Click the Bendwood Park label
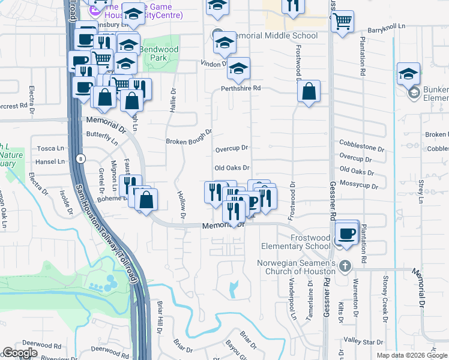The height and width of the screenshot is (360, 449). point(154,53)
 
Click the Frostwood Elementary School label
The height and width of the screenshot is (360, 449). point(294,242)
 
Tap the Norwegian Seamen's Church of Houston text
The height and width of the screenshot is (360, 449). point(296,268)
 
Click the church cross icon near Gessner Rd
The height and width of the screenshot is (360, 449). point(345,266)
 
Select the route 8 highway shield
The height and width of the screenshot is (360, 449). point(82,159)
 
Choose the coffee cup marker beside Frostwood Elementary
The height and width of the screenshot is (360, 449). point(346,234)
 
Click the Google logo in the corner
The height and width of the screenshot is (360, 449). point(20,353)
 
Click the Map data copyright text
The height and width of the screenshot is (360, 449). point(412,355)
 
